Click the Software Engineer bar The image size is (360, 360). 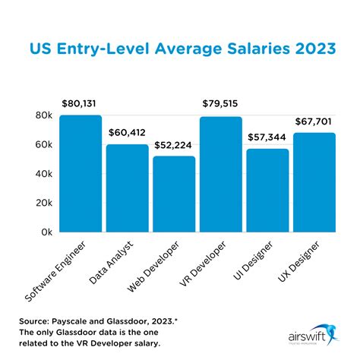tap(81, 174)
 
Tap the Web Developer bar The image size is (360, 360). tap(174, 194)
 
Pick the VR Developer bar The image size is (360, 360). tap(221, 175)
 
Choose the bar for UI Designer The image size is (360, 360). tap(268, 191)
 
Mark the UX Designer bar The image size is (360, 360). tap(314, 183)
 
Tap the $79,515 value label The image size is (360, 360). tap(222, 104)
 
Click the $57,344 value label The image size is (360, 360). tap(268, 137)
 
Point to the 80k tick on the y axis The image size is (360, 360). tap(43, 116)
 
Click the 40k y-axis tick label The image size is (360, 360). tap(43, 174)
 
